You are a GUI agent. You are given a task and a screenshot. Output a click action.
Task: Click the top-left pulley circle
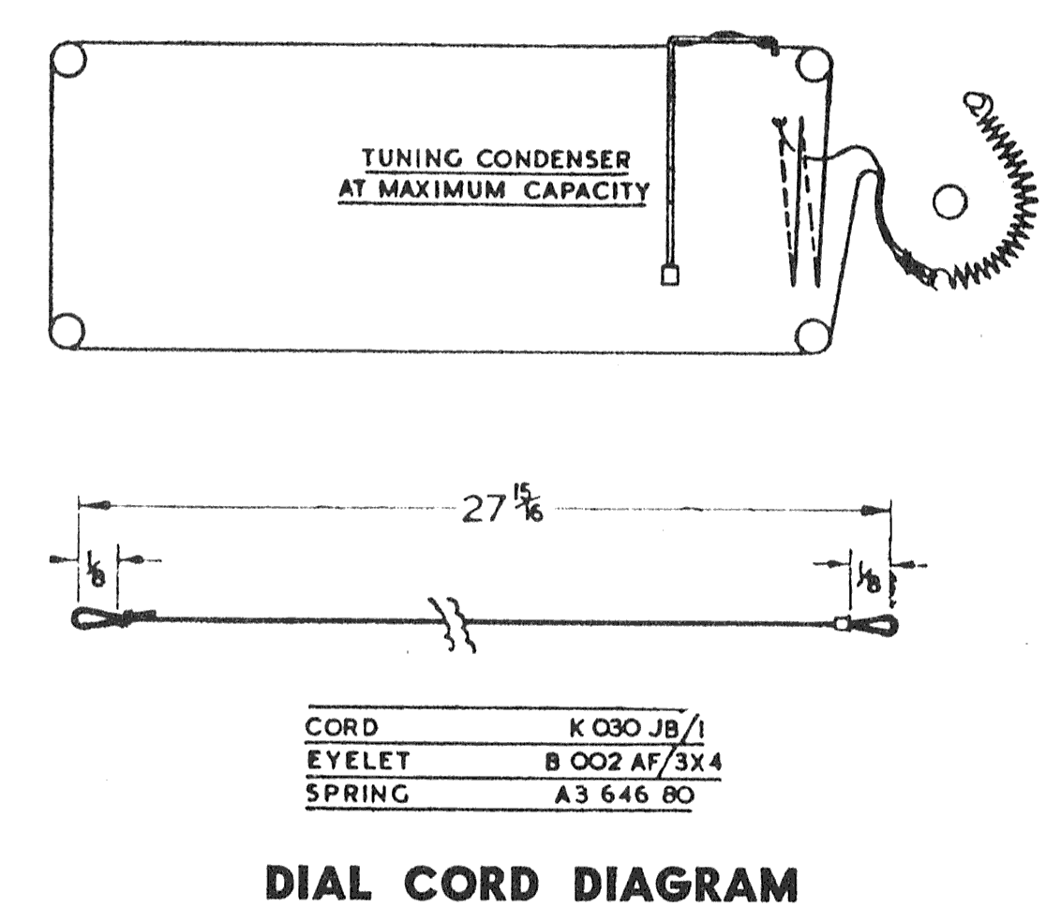(x=68, y=59)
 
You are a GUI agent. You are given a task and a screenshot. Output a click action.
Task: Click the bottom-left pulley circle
(x=66, y=332)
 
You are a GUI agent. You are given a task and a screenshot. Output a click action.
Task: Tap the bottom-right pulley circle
(x=812, y=335)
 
